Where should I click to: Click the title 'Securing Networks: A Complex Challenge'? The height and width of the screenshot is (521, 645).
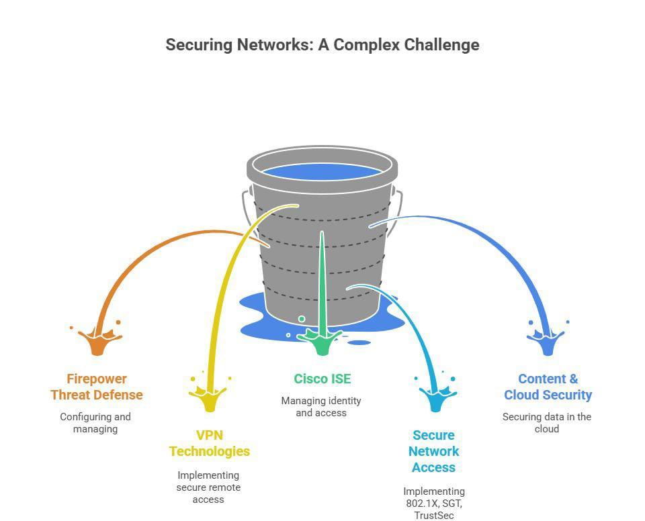pyautogui.click(x=322, y=45)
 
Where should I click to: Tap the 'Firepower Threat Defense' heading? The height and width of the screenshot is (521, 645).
pyautogui.click(x=97, y=387)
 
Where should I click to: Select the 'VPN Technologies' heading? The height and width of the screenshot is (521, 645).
pyautogui.click(x=210, y=443)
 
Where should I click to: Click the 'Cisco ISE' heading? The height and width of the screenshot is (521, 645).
pyautogui.click(x=322, y=379)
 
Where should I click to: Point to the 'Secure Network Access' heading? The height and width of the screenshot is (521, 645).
pyautogui.click(x=434, y=451)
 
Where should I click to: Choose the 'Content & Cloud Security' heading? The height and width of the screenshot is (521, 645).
pyautogui.click(x=548, y=387)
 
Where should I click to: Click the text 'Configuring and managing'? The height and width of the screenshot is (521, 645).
pyautogui.click(x=95, y=422)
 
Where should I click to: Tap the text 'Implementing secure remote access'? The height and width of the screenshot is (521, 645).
pyautogui.click(x=208, y=487)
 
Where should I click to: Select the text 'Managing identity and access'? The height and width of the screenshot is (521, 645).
pyautogui.click(x=321, y=406)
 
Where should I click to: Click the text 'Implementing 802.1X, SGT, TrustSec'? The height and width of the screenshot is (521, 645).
pyautogui.click(x=434, y=503)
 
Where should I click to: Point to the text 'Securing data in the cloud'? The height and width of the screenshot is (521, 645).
pyautogui.click(x=547, y=422)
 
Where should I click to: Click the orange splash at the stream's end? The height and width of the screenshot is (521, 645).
pyautogui.click(x=98, y=341)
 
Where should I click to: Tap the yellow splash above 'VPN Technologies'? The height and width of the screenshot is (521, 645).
pyautogui.click(x=210, y=397)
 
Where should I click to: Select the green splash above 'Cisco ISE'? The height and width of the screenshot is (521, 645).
pyautogui.click(x=322, y=341)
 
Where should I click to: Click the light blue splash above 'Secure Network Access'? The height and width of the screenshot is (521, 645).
pyautogui.click(x=435, y=397)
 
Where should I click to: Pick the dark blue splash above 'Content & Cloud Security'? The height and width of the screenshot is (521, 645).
pyautogui.click(x=548, y=341)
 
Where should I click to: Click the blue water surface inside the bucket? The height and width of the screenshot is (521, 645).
pyautogui.click(x=322, y=171)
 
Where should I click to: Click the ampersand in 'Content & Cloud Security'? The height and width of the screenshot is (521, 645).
pyautogui.click(x=572, y=379)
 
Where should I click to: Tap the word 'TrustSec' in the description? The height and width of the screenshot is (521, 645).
pyautogui.click(x=434, y=516)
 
